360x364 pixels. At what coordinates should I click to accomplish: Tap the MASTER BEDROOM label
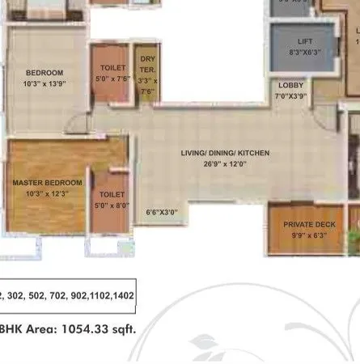tap(48, 183)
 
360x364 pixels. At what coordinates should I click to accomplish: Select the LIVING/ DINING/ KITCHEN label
tap(225, 153)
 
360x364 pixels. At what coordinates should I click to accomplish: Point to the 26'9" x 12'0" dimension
tap(225, 163)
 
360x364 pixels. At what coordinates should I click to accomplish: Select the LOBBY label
tap(291, 85)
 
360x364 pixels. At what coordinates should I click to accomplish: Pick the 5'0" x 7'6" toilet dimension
tap(113, 79)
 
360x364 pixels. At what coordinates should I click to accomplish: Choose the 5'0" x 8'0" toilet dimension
tap(112, 206)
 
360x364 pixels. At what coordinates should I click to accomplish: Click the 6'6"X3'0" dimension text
tap(161, 213)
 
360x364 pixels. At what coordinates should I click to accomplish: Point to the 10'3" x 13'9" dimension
tap(44, 83)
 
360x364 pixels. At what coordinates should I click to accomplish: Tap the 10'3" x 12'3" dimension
tap(48, 194)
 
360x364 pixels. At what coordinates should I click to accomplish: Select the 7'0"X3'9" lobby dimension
tap(291, 96)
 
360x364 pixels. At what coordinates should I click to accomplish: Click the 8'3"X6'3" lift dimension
tap(305, 51)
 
